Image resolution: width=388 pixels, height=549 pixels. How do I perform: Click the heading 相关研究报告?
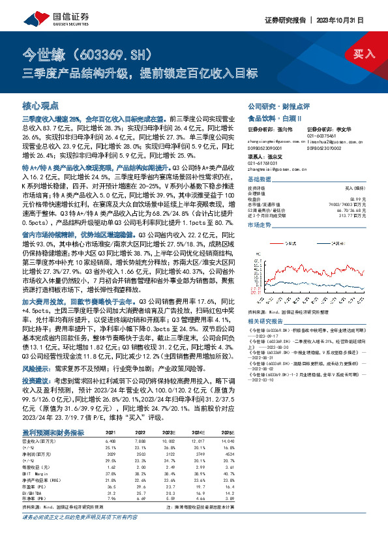(x=264, y=321)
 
